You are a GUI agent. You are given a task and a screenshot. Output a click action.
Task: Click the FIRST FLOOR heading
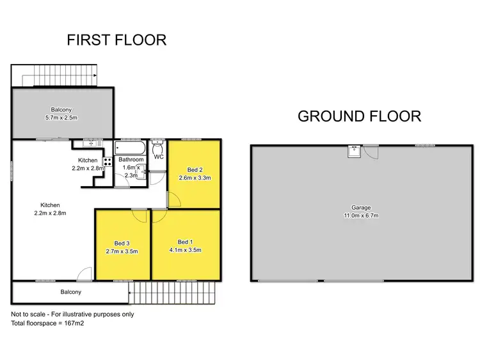tap(116, 40)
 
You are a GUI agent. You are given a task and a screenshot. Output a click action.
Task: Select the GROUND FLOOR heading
tap(359, 116)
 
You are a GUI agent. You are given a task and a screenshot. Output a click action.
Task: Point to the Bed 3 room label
tap(122, 243)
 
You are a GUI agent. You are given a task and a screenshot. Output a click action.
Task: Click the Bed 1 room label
tap(185, 242)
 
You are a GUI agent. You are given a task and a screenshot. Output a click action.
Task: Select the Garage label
tap(361, 207)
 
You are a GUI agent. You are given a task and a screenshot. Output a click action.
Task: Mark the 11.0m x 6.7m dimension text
tap(361, 215)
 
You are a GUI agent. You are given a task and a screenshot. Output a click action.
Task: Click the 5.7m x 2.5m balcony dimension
tap(61, 118)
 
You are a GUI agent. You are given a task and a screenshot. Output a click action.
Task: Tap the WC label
tap(158, 155)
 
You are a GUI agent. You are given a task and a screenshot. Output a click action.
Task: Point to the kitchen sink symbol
tap(90, 143)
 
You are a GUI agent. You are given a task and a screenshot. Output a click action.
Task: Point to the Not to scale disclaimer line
tap(72, 314)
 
